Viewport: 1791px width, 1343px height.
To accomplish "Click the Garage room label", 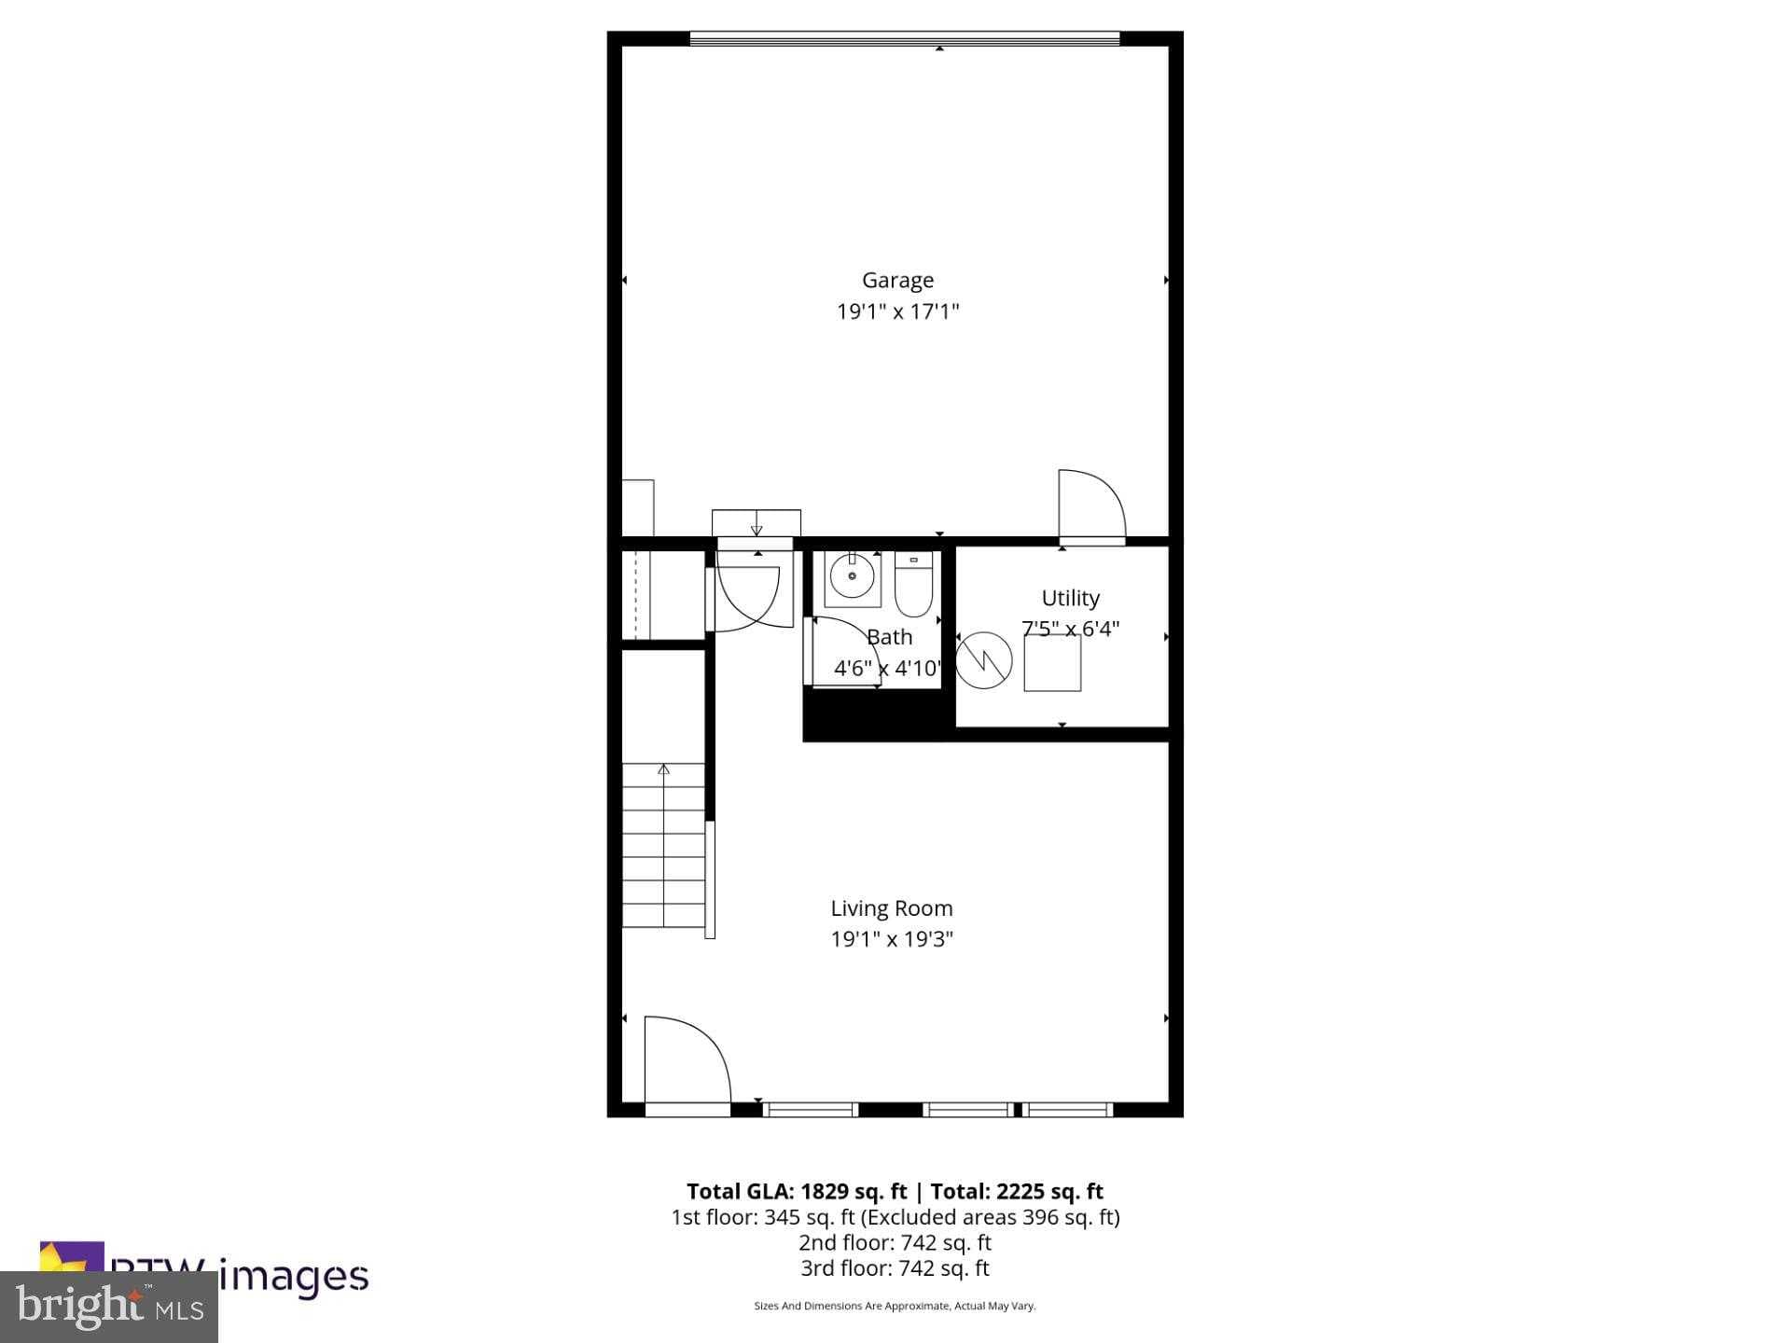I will (x=897, y=280).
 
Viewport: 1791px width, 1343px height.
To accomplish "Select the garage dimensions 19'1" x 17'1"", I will (x=897, y=312).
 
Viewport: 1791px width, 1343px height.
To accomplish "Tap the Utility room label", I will (x=1070, y=598).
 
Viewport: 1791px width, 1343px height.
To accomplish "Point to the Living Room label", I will (x=892, y=908).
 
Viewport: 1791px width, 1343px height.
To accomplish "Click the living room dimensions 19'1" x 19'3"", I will (x=892, y=939).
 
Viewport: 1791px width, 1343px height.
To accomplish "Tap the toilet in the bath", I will (x=913, y=585).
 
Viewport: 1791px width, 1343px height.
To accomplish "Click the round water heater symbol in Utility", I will (x=984, y=660).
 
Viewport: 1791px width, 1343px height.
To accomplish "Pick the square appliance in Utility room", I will (x=1052, y=663).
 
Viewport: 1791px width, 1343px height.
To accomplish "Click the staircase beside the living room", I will (x=663, y=846).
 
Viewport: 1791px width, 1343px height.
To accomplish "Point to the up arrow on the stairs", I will (x=663, y=770).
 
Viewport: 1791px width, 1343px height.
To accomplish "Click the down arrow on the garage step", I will (x=757, y=529).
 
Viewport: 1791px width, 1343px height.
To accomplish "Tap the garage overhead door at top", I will (x=904, y=39).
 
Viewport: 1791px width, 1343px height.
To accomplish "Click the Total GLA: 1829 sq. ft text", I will (x=797, y=1191).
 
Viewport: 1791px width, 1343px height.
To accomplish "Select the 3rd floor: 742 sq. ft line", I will (x=895, y=1268).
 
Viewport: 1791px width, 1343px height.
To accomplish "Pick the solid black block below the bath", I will (x=873, y=716).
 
